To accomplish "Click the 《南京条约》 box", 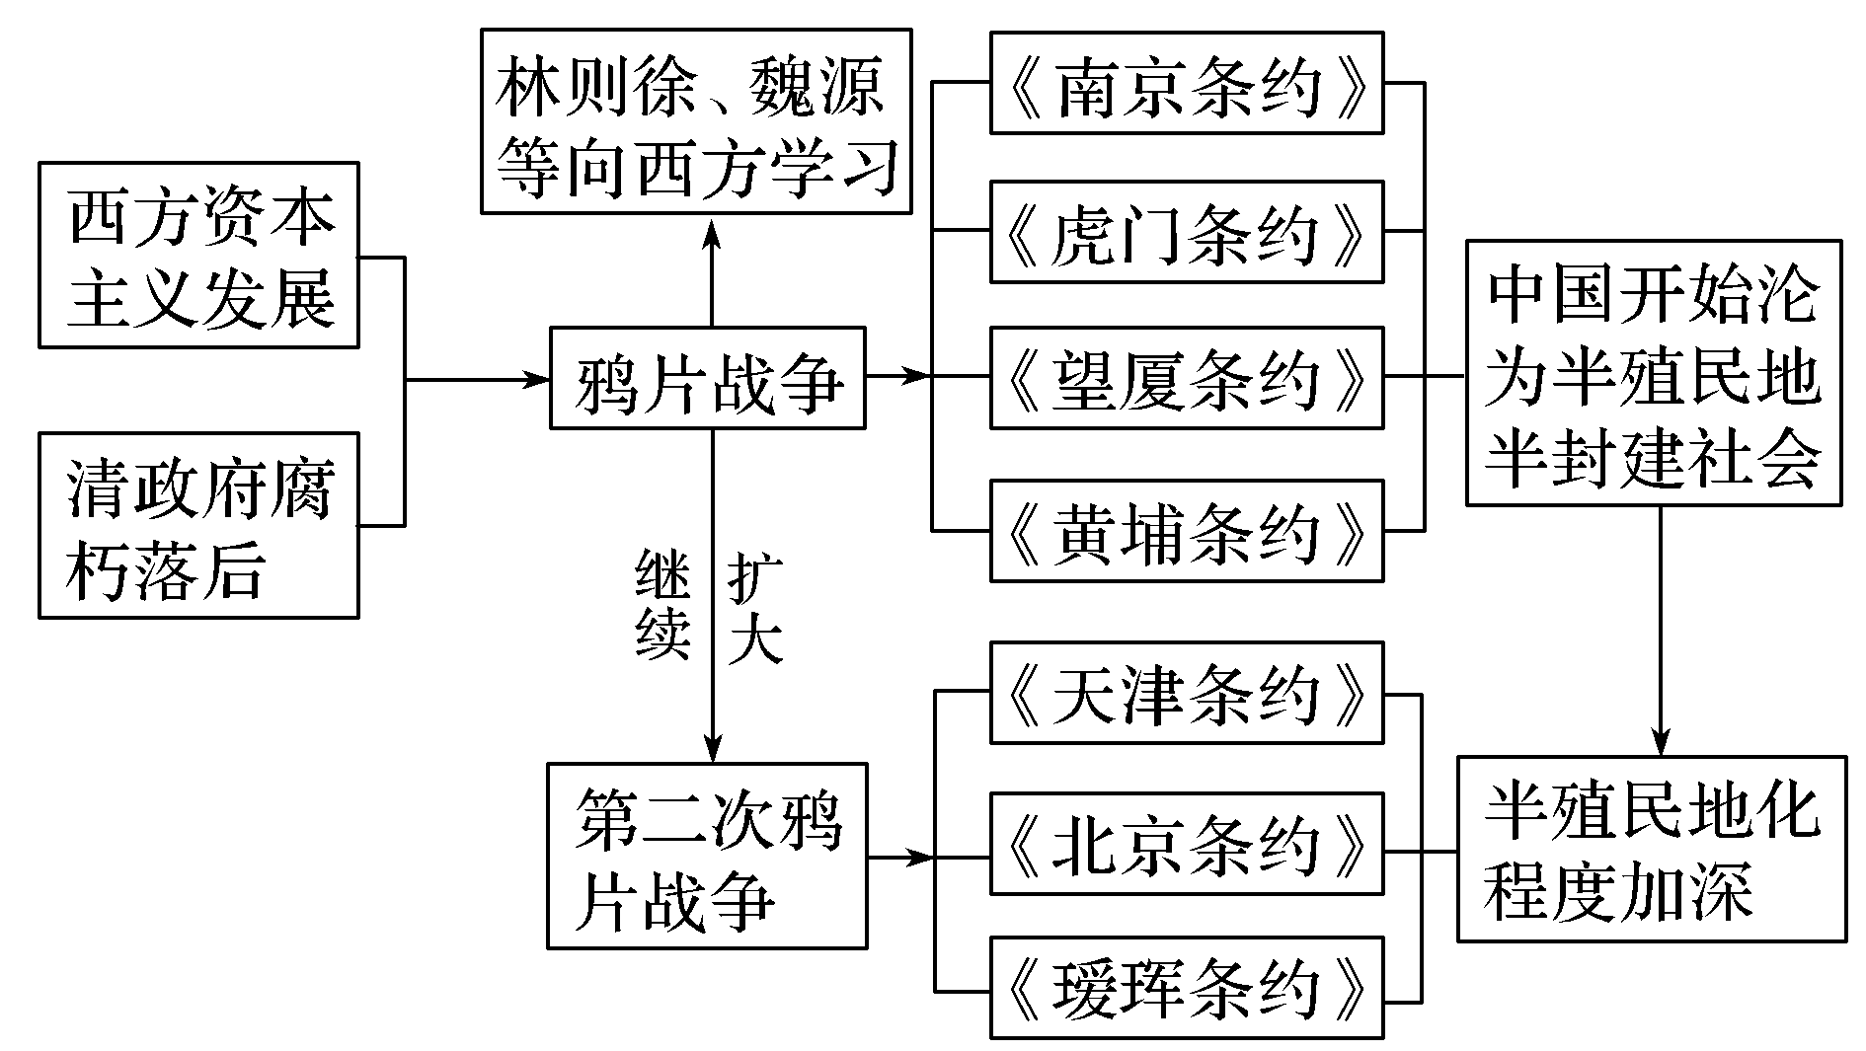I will (1187, 83).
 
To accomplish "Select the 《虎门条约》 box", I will (1187, 232).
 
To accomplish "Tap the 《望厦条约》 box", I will (1187, 378).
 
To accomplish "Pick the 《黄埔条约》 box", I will (1187, 531).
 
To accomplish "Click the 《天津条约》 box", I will (1187, 693).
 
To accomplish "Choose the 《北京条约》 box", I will (1187, 844).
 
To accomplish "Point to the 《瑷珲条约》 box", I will (1187, 989).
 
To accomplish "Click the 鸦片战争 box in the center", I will (708, 378).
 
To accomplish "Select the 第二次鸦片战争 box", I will (708, 856).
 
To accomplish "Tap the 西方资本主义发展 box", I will (198, 256).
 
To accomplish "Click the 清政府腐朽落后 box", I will (198, 525).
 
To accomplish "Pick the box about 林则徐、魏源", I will (696, 121).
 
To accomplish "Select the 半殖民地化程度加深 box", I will (1652, 849).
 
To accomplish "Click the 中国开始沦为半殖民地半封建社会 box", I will (1654, 373).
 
